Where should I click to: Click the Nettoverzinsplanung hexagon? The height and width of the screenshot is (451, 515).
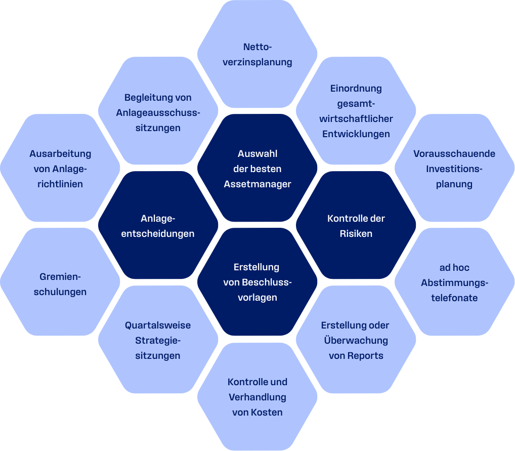click(x=257, y=55)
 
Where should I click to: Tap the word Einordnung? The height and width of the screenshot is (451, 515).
click(x=356, y=89)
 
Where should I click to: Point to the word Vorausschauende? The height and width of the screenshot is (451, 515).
click(x=454, y=154)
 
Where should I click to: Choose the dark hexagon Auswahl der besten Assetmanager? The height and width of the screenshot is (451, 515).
click(x=257, y=168)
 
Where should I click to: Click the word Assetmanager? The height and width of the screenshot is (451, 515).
click(x=257, y=184)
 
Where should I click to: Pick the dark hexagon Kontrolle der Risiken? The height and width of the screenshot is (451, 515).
click(x=356, y=226)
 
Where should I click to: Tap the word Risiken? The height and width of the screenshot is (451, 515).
click(x=356, y=234)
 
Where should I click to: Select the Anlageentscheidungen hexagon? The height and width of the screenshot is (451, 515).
click(x=158, y=226)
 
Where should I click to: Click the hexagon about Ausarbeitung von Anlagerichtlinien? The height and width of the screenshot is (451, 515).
click(x=60, y=168)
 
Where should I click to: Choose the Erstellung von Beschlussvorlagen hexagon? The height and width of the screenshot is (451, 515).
click(x=257, y=282)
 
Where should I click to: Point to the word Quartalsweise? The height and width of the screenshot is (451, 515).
click(x=158, y=325)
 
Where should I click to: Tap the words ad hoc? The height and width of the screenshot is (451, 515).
click(x=454, y=268)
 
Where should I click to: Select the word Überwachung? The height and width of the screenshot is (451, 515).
click(x=356, y=341)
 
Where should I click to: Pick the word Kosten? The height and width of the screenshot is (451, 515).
click(x=267, y=413)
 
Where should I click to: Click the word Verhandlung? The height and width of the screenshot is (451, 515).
click(x=257, y=397)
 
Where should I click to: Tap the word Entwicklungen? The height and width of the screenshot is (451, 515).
click(x=356, y=134)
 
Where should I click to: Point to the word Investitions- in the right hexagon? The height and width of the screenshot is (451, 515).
click(x=454, y=169)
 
